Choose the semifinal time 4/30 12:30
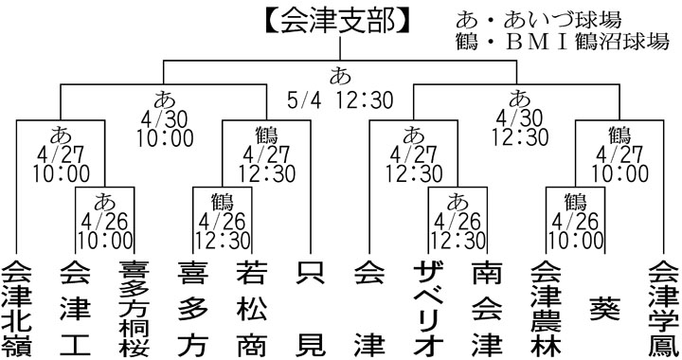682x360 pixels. (520, 126)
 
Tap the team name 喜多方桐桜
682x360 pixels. (132, 309)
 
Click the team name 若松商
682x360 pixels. (249, 309)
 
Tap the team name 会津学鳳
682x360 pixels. (660, 309)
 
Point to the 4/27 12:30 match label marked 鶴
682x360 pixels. (251, 154)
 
